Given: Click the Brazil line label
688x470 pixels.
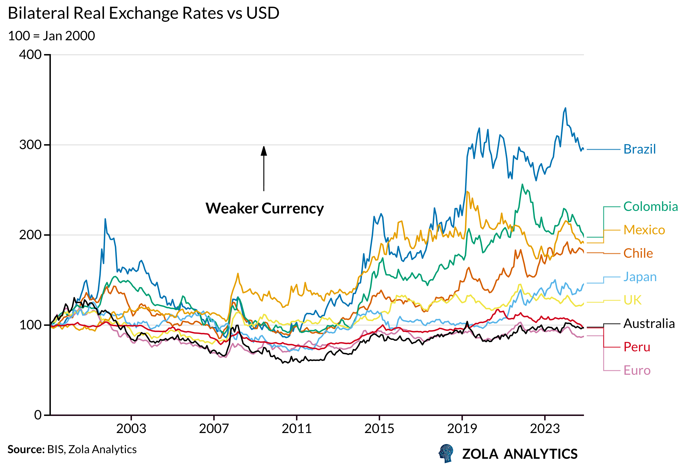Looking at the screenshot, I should [x=639, y=149].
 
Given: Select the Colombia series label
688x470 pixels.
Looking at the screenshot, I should [x=651, y=206].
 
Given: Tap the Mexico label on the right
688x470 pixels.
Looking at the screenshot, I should [x=644, y=230].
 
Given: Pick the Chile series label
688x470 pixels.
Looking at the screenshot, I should [x=638, y=253].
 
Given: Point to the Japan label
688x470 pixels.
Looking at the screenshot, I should [x=640, y=277].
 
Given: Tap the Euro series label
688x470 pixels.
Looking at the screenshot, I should [x=637, y=370].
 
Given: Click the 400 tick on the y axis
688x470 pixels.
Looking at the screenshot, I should [x=30, y=55].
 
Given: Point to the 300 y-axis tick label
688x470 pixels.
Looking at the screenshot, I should [x=30, y=145].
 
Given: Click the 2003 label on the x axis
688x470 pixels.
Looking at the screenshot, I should [x=131, y=429].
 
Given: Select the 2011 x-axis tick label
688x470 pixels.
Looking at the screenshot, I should [x=297, y=429].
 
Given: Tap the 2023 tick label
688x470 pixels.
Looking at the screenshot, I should [x=545, y=429].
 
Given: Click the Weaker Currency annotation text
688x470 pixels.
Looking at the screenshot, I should [x=265, y=208].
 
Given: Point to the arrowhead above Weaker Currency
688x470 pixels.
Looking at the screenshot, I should [x=264, y=151].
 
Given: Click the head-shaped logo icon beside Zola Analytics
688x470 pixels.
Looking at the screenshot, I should [x=446, y=453].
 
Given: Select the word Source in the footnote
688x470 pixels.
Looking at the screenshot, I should [x=26, y=449].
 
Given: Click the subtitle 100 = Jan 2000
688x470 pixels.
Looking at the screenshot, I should [x=52, y=36].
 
